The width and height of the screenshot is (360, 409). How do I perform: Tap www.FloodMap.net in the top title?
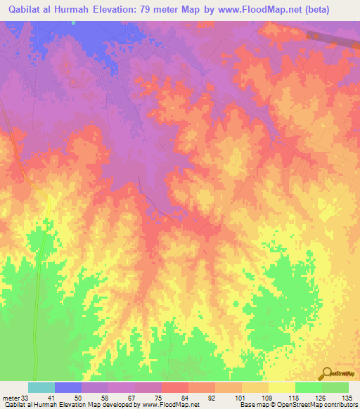click(263, 10)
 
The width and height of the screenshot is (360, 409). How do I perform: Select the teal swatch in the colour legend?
click(41, 387)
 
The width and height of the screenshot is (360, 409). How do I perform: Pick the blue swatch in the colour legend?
click(68, 387)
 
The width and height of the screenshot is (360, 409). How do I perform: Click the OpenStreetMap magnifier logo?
click(326, 372)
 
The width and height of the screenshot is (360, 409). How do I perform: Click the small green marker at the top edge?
click(72, 22)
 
